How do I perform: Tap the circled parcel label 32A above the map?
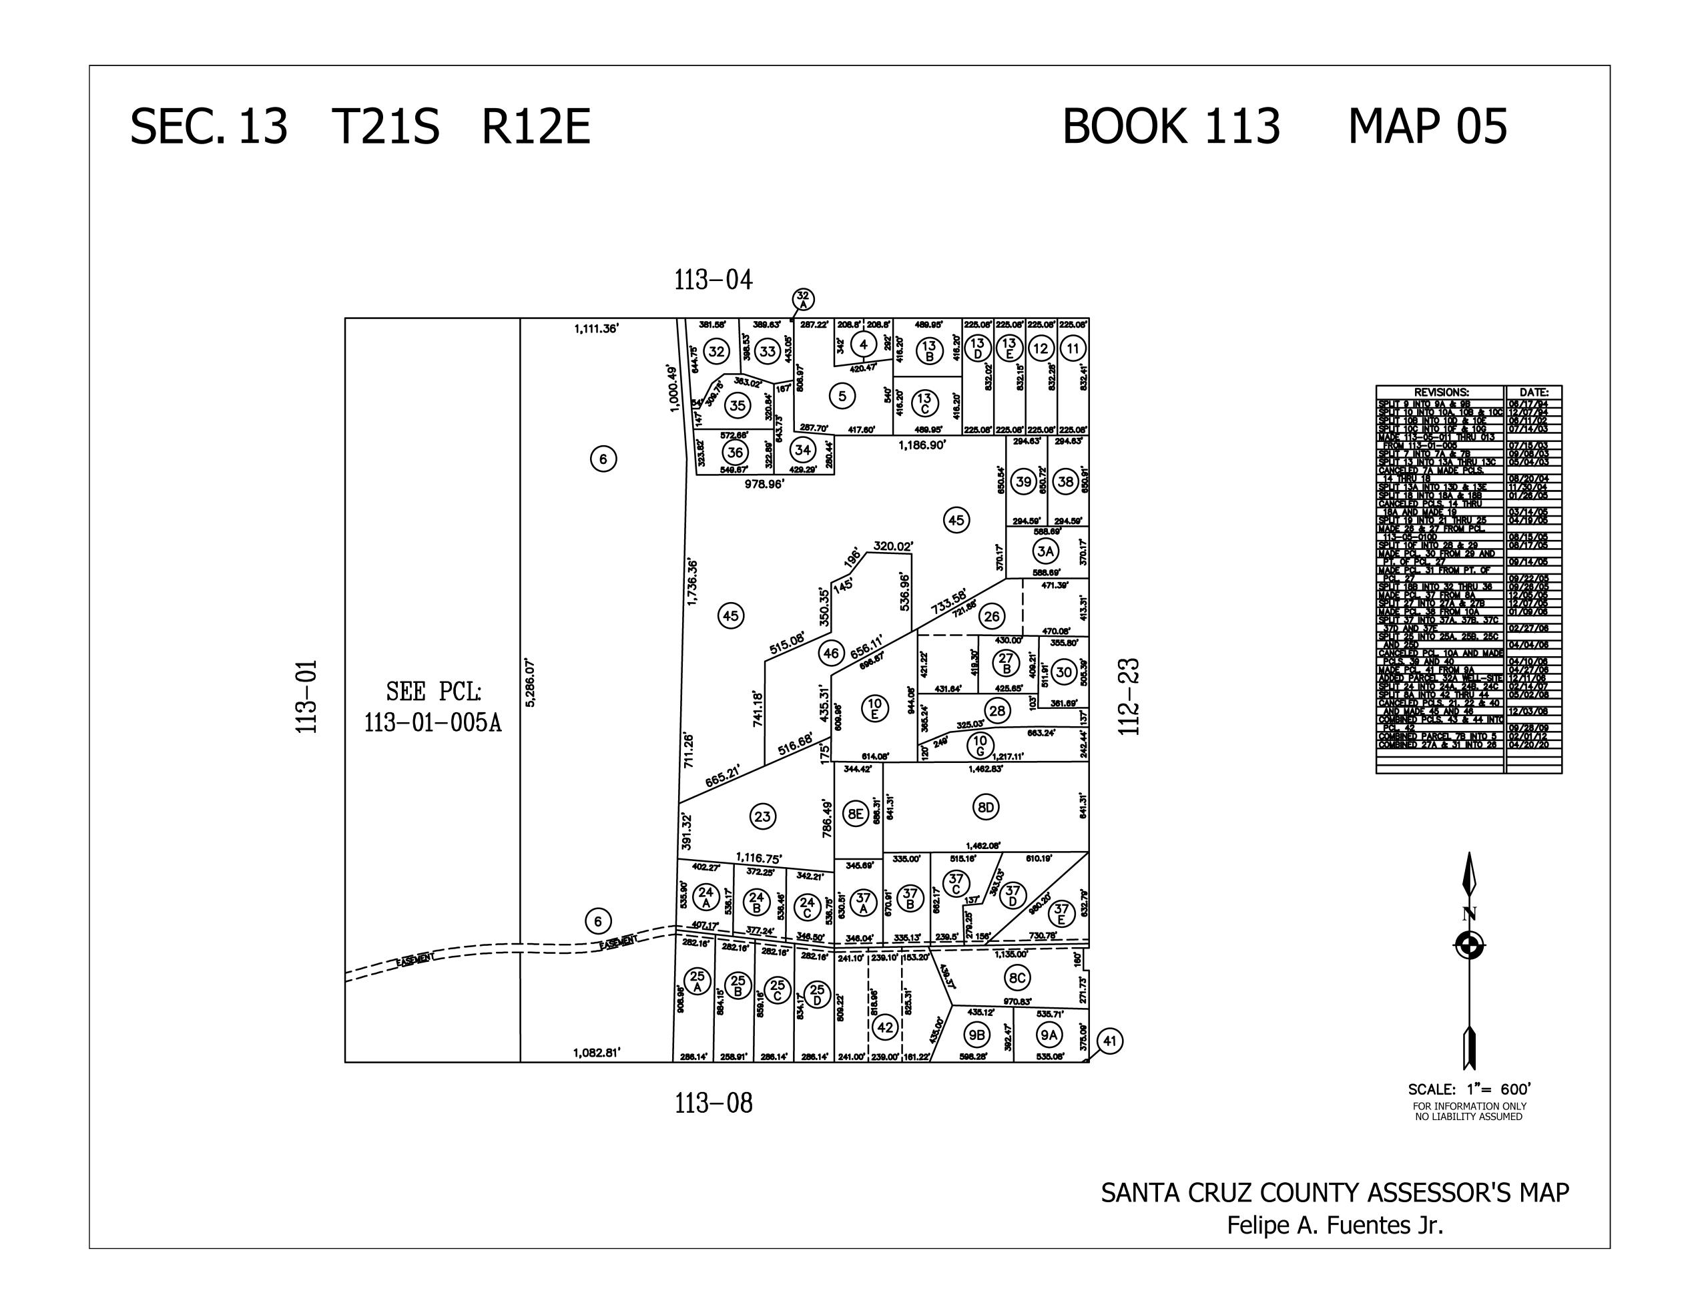[x=803, y=299]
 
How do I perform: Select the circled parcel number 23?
[x=762, y=817]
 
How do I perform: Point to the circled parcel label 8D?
[x=986, y=807]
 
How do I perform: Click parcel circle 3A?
[x=1045, y=551]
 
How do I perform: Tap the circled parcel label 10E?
[x=874, y=707]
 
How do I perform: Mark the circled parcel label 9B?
[x=976, y=1035]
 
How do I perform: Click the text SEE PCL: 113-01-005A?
[x=433, y=707]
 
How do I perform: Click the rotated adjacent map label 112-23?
[x=1129, y=696]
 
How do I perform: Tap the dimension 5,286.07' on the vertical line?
[x=531, y=682]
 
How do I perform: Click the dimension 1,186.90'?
[x=922, y=445]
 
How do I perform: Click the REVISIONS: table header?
[x=1441, y=392]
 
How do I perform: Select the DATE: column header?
[x=1533, y=392]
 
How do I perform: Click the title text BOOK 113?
[x=1171, y=126]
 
